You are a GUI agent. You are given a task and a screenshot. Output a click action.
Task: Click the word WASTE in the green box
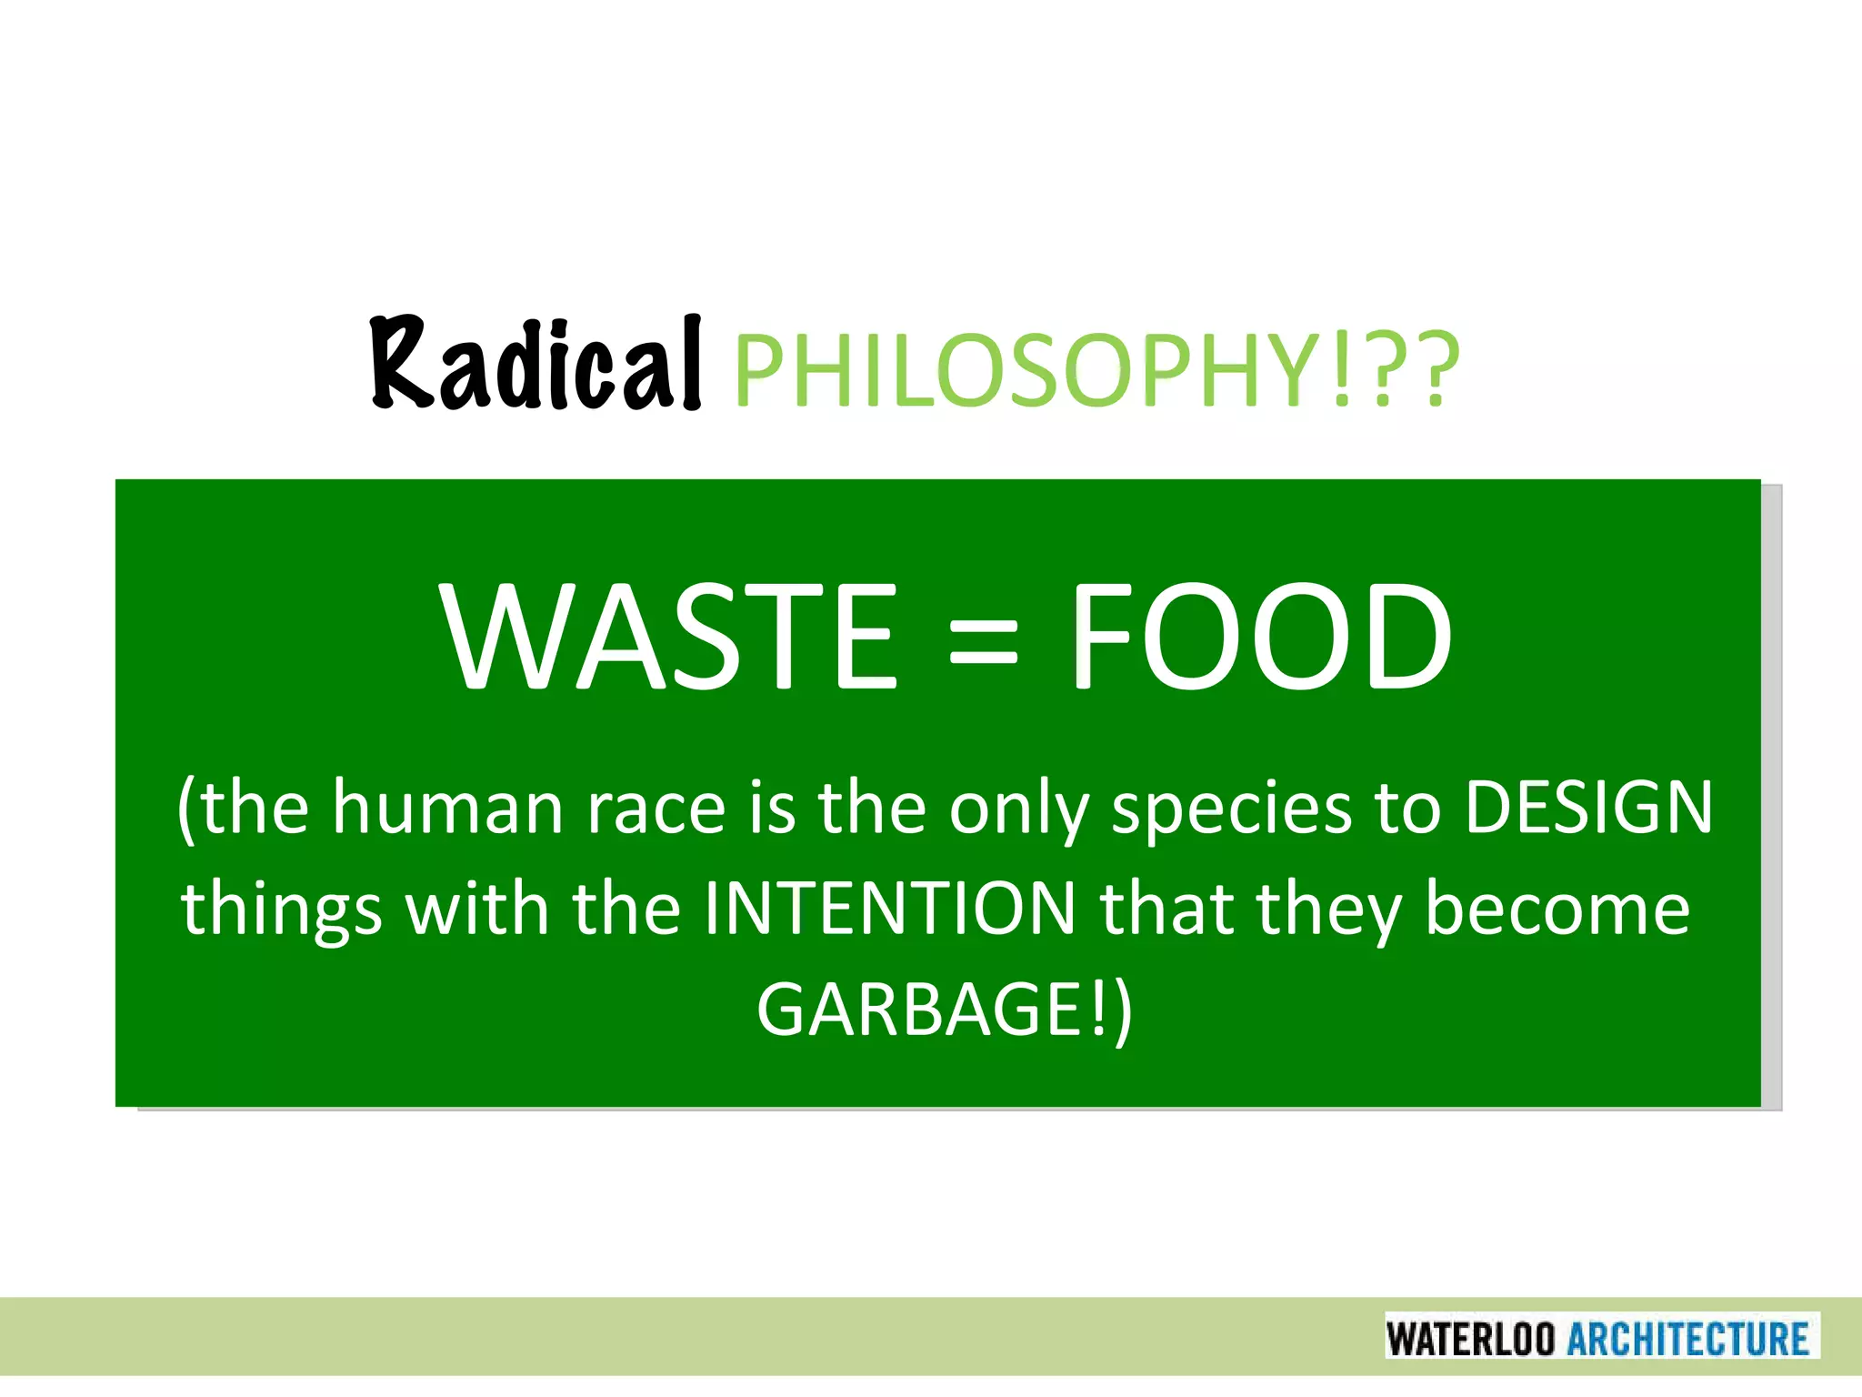[x=669, y=637]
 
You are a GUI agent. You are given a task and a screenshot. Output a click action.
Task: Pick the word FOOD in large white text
[x=1260, y=637]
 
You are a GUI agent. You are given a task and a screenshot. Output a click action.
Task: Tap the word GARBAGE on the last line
[x=919, y=1010]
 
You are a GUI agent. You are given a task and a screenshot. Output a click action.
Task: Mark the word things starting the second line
[x=281, y=910]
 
